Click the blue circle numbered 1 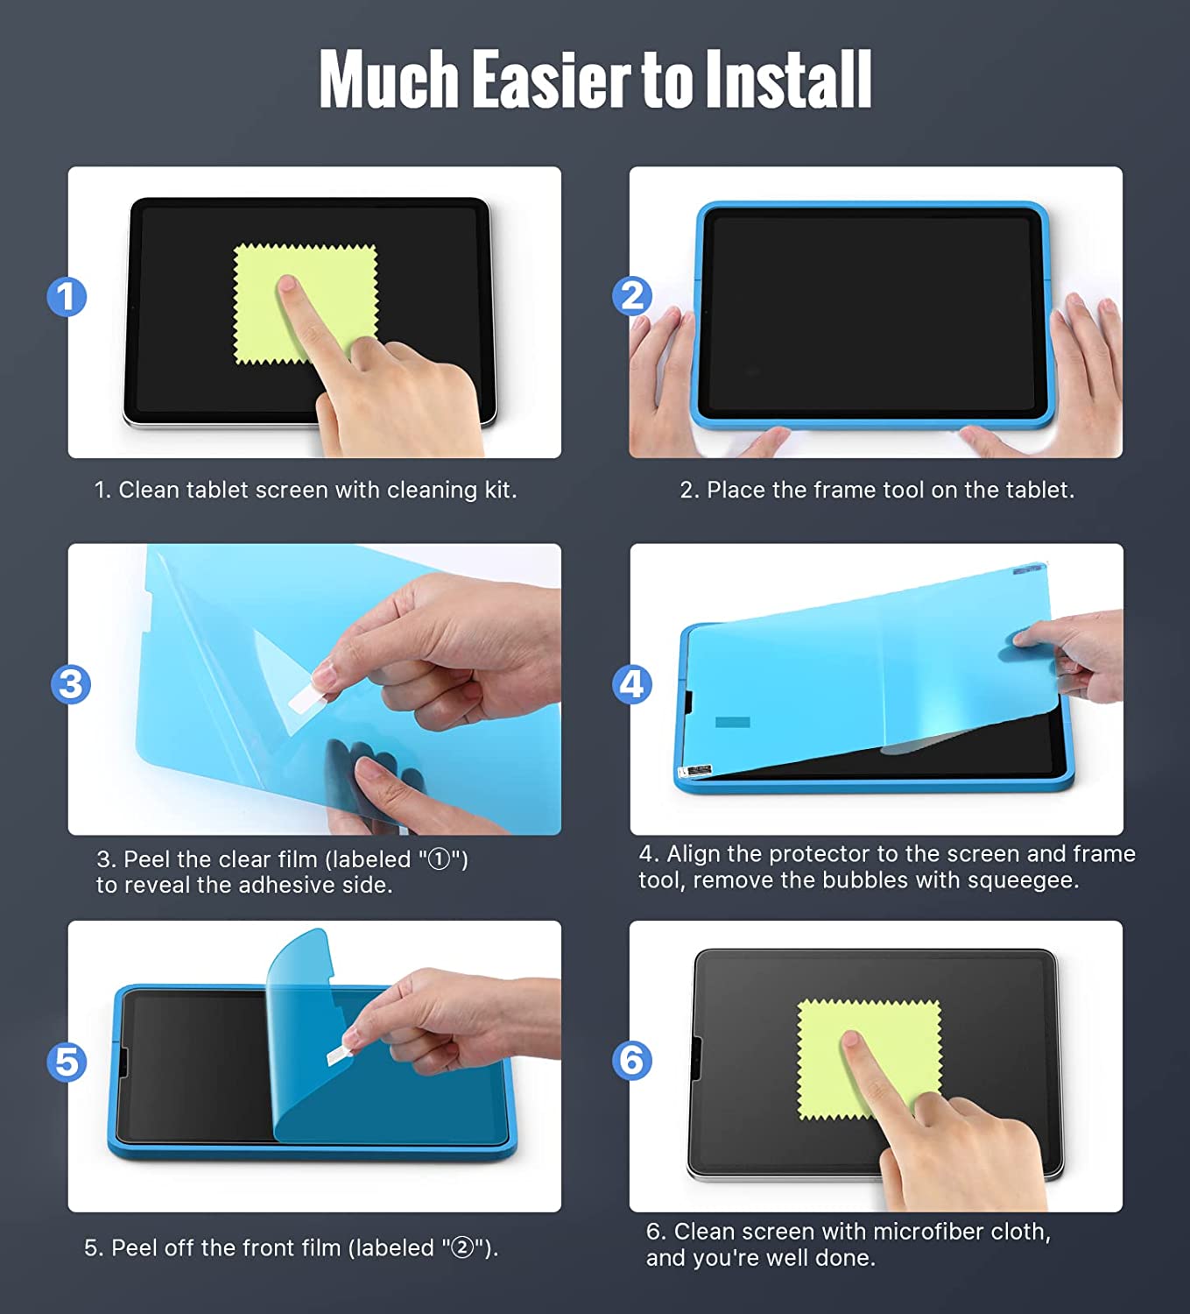click(67, 297)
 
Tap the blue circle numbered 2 click(632, 296)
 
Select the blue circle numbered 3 click(71, 684)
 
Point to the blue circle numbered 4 click(632, 684)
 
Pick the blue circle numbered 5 click(67, 1062)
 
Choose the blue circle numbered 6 click(632, 1061)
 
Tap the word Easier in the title click(552, 79)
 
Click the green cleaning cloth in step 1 click(306, 304)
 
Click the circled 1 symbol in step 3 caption click(439, 859)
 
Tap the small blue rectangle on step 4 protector click(733, 722)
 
